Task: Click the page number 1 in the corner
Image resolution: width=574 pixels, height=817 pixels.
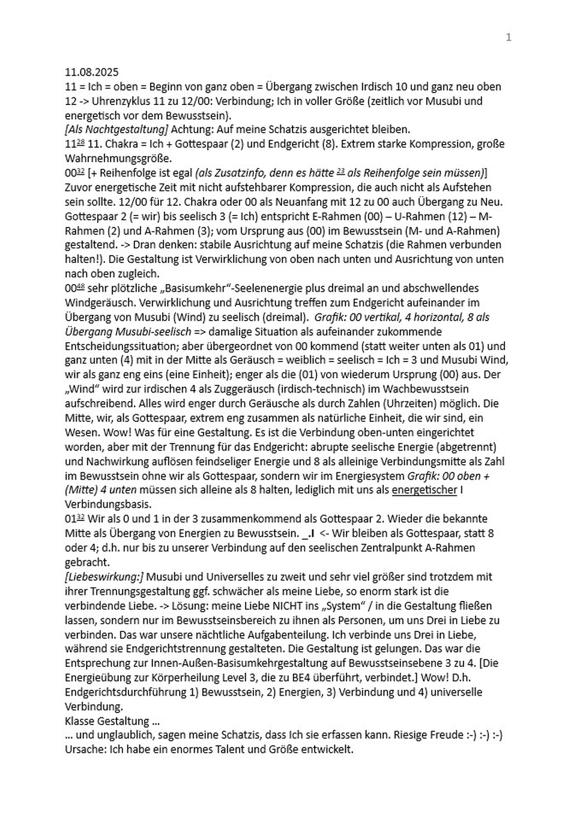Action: click(x=509, y=37)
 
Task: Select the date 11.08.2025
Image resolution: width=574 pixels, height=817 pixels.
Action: click(x=92, y=72)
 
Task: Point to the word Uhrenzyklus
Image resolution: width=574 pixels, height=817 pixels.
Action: click(x=119, y=101)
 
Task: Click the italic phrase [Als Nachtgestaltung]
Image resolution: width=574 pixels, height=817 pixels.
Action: click(x=116, y=130)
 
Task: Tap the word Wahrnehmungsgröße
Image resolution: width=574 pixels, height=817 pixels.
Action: click(x=118, y=158)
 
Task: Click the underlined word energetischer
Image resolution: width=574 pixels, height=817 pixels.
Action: click(x=424, y=490)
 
